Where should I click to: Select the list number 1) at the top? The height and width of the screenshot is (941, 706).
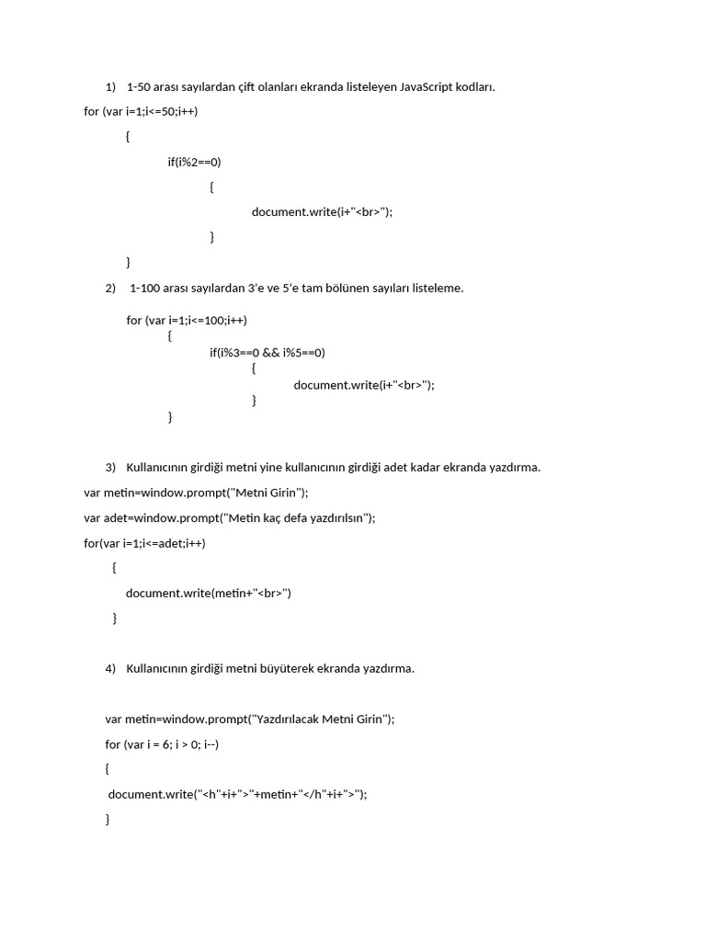[111, 87]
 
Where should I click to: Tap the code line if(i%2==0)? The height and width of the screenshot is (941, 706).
[194, 162]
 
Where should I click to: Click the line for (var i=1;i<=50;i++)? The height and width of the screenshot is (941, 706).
[141, 111]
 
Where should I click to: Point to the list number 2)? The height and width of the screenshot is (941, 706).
[111, 288]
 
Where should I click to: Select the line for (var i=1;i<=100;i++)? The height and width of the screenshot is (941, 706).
[187, 320]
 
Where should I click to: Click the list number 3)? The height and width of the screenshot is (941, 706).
[111, 467]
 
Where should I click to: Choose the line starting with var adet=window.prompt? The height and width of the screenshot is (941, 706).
[230, 517]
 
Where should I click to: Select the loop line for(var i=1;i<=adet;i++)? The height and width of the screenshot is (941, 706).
[144, 543]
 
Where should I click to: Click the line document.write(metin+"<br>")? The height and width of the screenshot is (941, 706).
[209, 593]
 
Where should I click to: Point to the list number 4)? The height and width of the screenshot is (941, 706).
[111, 668]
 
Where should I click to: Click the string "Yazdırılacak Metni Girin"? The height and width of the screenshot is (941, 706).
[318, 719]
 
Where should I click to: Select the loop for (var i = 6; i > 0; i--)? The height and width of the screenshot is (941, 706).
[162, 744]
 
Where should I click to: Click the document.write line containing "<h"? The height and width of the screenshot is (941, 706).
[237, 795]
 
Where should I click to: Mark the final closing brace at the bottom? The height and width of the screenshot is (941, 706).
[108, 819]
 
